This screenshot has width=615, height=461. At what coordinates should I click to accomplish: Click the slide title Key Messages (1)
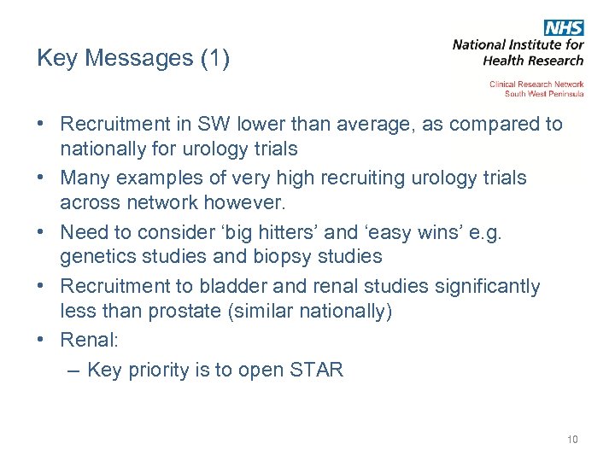point(133,59)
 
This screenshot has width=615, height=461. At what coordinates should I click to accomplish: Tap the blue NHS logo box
point(564,28)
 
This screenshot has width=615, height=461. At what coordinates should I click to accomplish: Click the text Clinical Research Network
point(536,85)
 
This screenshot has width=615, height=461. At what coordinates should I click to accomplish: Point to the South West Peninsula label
point(544,94)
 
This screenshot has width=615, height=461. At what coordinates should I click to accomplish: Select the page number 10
point(571,440)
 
